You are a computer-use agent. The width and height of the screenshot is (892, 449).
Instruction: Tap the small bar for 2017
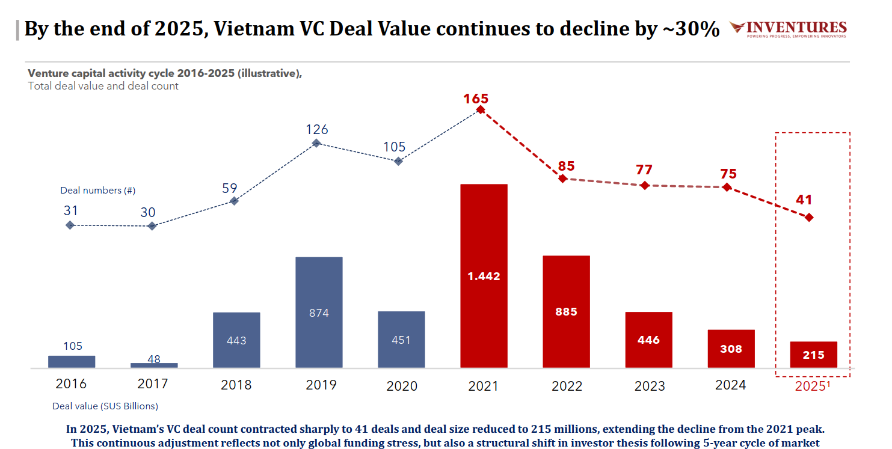[x=154, y=365]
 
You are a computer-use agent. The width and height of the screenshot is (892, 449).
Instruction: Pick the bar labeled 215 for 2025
[x=813, y=355]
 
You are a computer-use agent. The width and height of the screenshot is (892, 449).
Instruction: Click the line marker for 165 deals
[x=480, y=109]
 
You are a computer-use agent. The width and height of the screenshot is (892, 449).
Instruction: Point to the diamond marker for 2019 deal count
[x=316, y=143]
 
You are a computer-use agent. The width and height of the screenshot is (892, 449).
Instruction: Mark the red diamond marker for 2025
[x=809, y=217]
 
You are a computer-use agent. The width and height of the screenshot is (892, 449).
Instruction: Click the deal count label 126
[x=316, y=129]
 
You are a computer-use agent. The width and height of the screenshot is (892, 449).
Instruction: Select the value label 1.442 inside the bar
[x=484, y=276]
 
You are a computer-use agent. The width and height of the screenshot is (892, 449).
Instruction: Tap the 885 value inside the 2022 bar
[x=566, y=311]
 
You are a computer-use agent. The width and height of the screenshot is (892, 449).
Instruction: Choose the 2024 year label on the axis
[x=730, y=385]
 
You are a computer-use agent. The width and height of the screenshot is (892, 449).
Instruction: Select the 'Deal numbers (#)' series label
[x=97, y=191]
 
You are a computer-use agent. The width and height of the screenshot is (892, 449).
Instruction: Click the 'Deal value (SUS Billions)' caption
[x=105, y=406]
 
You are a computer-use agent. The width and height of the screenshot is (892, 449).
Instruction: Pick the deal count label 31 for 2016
[x=70, y=211]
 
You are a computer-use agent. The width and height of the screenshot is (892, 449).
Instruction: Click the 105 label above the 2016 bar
[x=72, y=346]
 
